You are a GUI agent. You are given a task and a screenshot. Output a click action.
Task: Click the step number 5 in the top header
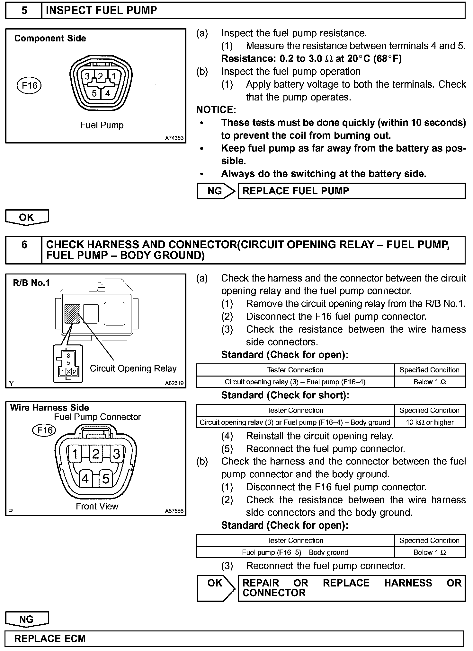[x=24, y=11]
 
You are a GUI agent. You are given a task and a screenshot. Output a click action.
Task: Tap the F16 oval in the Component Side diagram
[x=29, y=86]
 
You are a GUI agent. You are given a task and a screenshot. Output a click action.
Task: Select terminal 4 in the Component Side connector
[x=108, y=93]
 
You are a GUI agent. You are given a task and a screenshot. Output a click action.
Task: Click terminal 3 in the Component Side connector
[x=87, y=76]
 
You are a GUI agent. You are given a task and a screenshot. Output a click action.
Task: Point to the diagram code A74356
[x=174, y=138]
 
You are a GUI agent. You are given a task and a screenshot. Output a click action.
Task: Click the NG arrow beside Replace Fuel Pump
[x=215, y=191]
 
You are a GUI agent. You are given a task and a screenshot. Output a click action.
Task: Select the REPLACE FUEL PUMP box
[x=351, y=191]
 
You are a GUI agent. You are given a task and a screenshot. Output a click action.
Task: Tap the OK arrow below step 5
[x=27, y=217]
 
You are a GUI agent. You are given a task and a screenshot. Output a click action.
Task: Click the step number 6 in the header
[x=24, y=245]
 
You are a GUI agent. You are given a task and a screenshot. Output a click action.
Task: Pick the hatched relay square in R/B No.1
[x=72, y=314]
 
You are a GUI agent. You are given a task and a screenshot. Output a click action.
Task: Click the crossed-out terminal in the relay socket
[x=68, y=372]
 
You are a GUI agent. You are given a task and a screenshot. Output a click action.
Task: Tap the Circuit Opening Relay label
[x=133, y=368]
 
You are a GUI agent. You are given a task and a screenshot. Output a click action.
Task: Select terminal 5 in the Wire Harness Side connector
[x=106, y=479]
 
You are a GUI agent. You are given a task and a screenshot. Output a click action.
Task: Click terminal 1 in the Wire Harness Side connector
[x=75, y=454]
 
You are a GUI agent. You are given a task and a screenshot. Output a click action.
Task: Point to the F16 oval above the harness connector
[x=44, y=430]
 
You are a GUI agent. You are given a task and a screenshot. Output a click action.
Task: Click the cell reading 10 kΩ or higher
[x=430, y=422]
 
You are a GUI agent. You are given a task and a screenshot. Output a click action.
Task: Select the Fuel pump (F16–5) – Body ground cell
[x=295, y=552]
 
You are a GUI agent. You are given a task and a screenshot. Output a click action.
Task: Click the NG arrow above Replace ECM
[x=27, y=619]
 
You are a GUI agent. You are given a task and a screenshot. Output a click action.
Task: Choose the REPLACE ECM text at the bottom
[x=50, y=638]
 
